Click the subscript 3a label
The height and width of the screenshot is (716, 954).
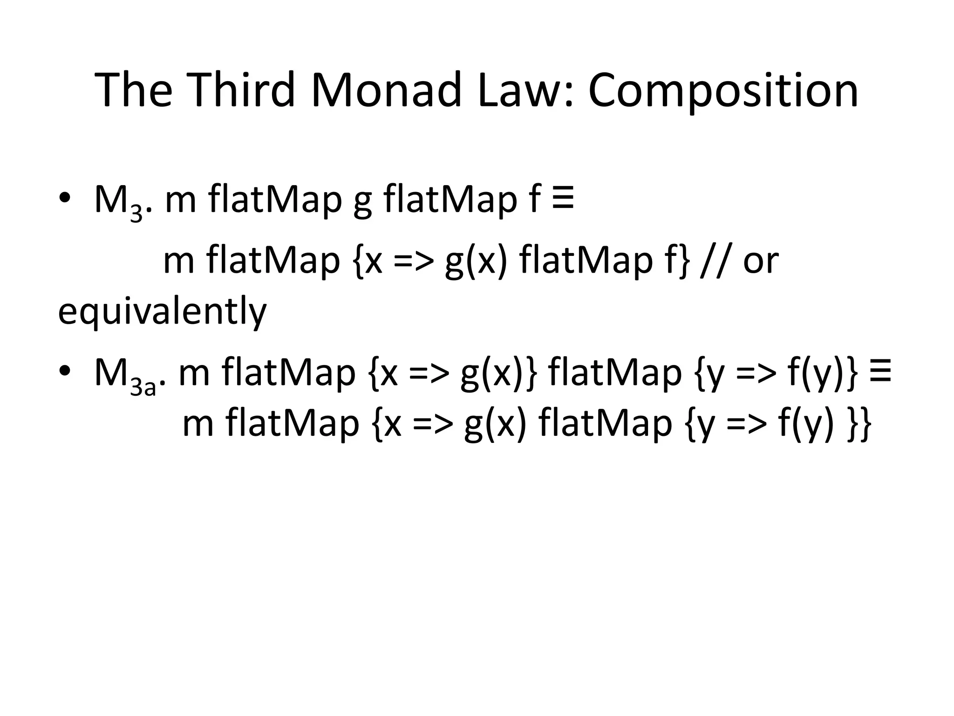pos(143,386)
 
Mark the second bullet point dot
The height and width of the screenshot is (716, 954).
pos(65,370)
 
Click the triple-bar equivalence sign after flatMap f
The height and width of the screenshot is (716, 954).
pos(563,198)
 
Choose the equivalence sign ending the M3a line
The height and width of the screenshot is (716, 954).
pos(880,371)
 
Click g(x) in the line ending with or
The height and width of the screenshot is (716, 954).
pos(476,261)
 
